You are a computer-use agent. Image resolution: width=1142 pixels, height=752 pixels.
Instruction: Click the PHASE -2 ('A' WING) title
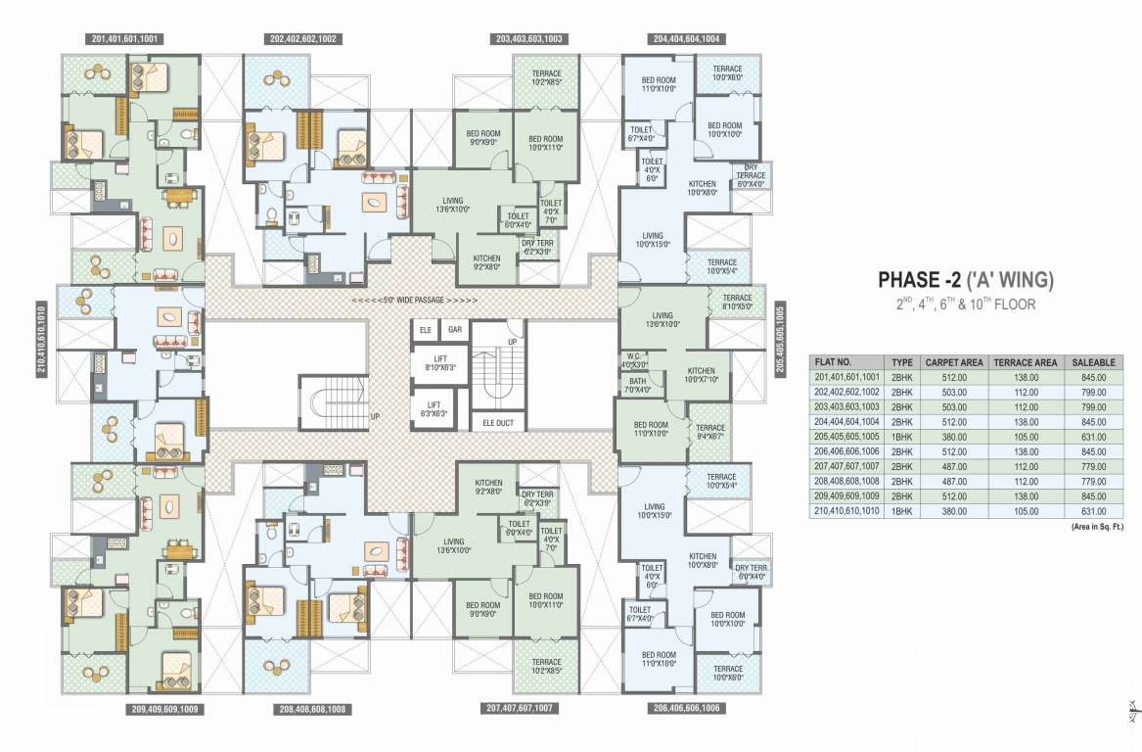[x=964, y=281]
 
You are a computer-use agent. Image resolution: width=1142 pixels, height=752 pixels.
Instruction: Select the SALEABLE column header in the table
[x=1093, y=361]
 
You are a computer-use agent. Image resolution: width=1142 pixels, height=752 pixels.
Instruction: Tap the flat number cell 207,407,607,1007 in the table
[x=846, y=466]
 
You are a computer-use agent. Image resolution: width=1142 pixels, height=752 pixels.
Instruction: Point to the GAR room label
[x=455, y=330]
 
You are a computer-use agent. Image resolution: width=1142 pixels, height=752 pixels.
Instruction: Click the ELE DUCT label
[x=497, y=424]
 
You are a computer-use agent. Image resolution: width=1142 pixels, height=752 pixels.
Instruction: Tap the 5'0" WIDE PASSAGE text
[x=415, y=299]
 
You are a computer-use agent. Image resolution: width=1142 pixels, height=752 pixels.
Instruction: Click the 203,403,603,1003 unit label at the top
[x=528, y=39]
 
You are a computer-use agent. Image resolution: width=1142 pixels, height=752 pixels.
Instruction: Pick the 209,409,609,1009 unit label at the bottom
[x=164, y=708]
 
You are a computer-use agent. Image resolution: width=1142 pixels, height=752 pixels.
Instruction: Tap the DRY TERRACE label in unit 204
[x=751, y=175]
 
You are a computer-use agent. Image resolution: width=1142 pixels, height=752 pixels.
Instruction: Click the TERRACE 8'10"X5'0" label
[x=736, y=302]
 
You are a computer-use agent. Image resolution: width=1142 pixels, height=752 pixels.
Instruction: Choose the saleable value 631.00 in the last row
[x=1093, y=511]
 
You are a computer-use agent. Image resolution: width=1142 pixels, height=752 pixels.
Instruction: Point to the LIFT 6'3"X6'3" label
[x=434, y=409]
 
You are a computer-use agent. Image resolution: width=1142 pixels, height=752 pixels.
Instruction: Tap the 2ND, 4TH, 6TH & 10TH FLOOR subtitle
[x=964, y=305]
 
